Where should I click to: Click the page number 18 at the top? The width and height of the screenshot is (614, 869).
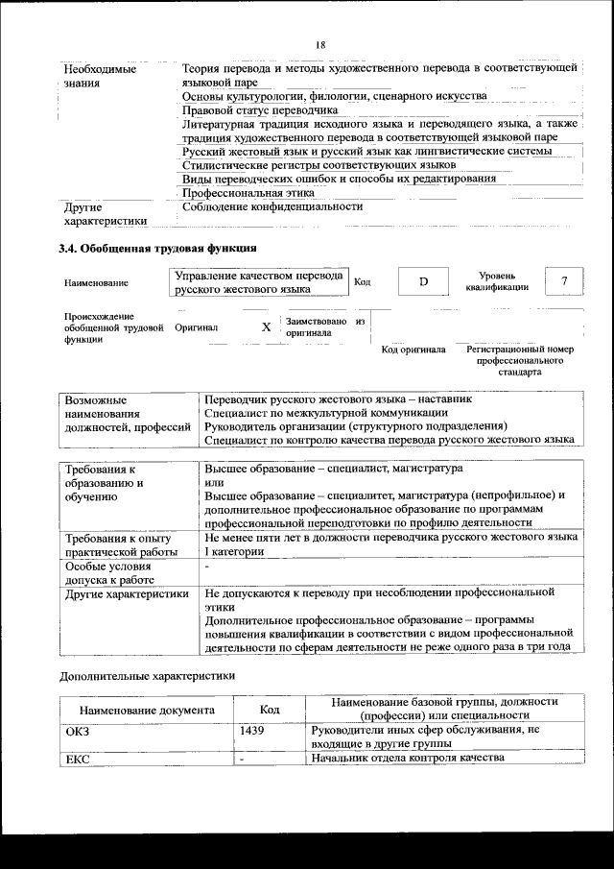(x=320, y=43)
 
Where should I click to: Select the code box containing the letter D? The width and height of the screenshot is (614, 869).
(x=422, y=281)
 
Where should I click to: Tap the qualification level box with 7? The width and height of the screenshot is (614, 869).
(x=564, y=280)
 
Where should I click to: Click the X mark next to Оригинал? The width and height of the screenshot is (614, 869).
(x=266, y=327)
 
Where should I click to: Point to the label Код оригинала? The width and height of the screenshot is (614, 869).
(x=413, y=350)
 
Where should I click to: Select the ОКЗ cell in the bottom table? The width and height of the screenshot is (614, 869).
(x=76, y=731)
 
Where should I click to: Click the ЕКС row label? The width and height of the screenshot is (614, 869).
(x=76, y=759)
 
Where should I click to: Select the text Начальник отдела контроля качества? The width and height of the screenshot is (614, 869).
(x=408, y=759)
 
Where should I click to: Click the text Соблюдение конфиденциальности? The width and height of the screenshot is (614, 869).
(x=272, y=206)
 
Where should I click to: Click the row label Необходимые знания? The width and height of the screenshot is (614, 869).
(x=99, y=76)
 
